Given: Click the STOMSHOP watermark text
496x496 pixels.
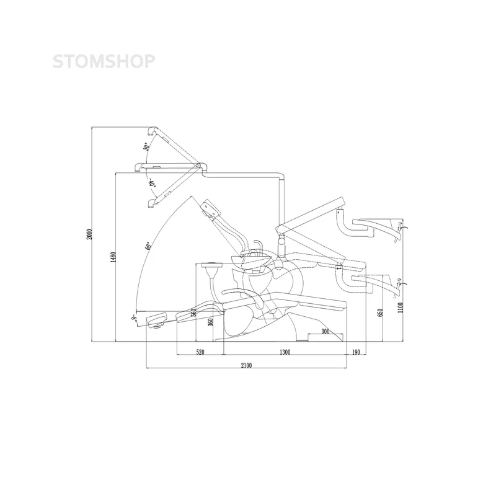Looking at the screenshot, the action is pos(104,61).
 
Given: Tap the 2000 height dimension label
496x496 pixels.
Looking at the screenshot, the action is pos(89,234).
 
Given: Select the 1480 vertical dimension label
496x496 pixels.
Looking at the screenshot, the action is pos(113,257).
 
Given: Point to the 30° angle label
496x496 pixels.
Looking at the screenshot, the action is pos(146,146).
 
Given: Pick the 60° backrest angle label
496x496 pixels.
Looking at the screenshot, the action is pos(148,246).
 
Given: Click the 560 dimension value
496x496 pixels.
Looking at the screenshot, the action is pos(194,312).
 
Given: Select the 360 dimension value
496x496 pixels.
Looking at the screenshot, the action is pos(211,322).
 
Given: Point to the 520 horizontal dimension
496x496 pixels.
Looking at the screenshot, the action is pos(200,352).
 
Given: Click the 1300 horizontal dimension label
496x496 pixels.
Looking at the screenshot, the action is pos(285,352).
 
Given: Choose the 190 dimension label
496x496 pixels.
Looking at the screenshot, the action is pos(356,352).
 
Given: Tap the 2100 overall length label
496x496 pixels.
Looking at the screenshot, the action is pos(246,365).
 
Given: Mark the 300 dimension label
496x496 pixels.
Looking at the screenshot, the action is pos(325,331).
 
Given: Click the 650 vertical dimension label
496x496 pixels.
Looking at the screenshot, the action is pos(380,312).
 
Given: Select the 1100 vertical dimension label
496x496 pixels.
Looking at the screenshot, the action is pos(401,308).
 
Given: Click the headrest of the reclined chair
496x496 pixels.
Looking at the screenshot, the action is pos(157,320).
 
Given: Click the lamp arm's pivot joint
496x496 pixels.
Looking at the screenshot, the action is pos(198,165).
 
